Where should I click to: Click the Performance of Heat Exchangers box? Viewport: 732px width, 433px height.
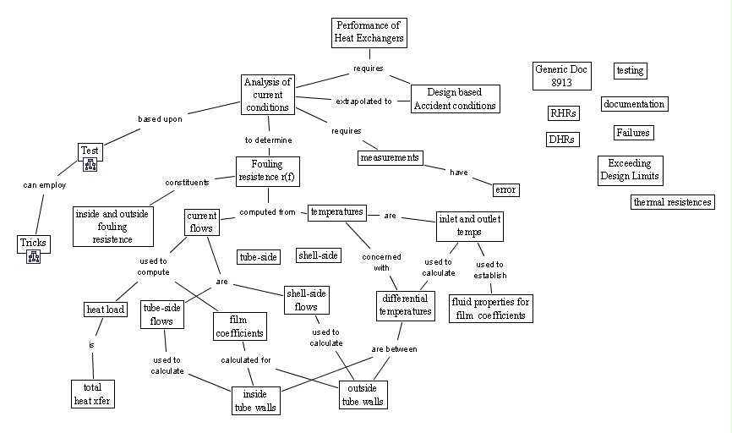(368, 31)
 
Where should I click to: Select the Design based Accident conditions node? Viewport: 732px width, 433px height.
(455, 99)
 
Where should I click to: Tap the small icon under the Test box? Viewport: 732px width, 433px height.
(90, 165)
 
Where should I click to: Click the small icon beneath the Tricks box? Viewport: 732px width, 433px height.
(34, 257)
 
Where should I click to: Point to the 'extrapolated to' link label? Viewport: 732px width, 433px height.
(364, 101)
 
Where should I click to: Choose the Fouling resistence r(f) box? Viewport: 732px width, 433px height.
(266, 171)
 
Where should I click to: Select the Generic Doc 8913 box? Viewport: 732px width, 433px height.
(561, 76)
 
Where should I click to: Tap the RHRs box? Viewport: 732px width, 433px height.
(563, 113)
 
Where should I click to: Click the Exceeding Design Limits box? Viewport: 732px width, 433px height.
(630, 170)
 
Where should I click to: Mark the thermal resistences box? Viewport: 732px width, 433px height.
(673, 202)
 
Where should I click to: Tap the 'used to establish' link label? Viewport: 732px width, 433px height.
(489, 270)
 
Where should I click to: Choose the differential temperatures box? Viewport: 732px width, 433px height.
(404, 305)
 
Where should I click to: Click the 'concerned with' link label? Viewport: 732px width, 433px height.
(382, 262)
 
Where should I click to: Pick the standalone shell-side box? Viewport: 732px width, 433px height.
(318, 255)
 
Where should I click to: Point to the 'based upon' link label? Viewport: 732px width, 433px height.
(160, 119)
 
